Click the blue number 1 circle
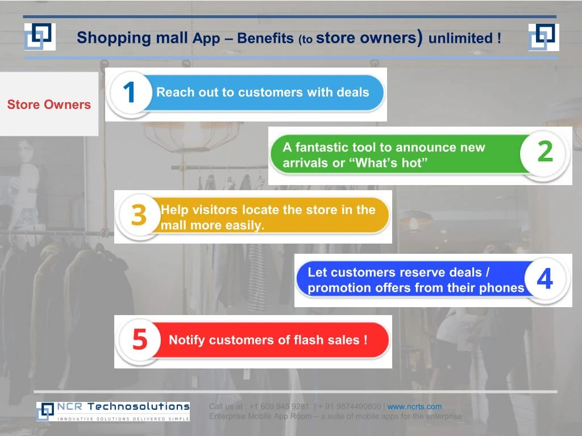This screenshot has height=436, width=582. [130, 93]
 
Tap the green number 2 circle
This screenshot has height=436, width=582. [544, 152]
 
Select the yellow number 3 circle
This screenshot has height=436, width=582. [139, 215]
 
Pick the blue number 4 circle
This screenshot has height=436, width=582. [544, 279]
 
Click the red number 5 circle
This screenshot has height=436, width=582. [139, 340]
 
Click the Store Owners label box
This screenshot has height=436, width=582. [49, 104]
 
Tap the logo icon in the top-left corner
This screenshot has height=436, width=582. [40, 37]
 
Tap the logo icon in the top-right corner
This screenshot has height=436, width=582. [543, 37]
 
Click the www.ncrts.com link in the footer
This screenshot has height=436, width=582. [414, 406]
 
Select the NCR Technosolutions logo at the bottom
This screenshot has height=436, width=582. [113, 412]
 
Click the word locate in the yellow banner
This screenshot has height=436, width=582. [260, 210]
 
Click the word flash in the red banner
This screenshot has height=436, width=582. [309, 340]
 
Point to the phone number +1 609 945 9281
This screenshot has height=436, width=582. [279, 406]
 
